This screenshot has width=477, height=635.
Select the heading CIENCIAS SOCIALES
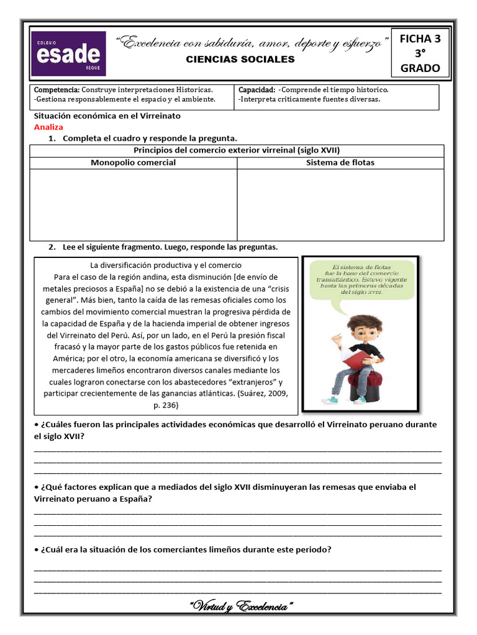coord(241,60)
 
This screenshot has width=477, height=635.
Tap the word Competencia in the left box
coord(57,90)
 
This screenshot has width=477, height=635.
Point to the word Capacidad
coord(256,90)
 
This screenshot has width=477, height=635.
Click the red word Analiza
coord(48,127)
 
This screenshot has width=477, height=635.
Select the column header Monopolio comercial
coord(133,162)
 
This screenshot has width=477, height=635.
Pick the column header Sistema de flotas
coord(340,162)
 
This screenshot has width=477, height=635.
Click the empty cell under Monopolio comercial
coord(133,205)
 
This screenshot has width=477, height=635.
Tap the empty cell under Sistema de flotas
coord(340,205)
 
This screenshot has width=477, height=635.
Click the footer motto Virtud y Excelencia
coord(240,606)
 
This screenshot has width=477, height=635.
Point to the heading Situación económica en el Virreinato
coord(107,116)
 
